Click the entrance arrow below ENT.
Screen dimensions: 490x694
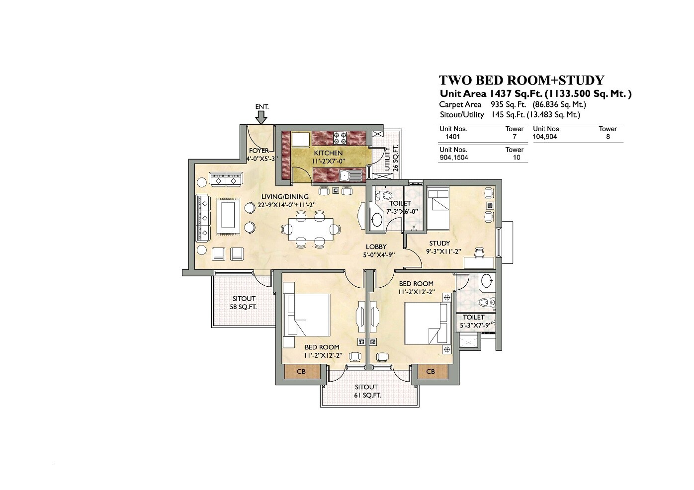point(261,117)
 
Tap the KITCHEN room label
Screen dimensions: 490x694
point(328,153)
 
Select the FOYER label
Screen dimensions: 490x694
point(259,151)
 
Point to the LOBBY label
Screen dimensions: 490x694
point(376,247)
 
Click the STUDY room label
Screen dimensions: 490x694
point(439,244)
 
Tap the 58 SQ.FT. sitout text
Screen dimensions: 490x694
point(243,307)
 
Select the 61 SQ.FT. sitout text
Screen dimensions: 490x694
point(367,396)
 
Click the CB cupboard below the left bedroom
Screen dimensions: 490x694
point(301,372)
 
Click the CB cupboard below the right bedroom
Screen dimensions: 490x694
point(431,372)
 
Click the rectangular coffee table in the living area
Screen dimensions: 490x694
point(228,214)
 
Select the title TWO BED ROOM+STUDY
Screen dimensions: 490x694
point(521,81)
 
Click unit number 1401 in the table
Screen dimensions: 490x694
point(452,137)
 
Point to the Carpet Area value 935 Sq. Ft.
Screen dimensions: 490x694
point(508,105)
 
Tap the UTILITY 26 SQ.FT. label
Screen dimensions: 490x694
point(391,158)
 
